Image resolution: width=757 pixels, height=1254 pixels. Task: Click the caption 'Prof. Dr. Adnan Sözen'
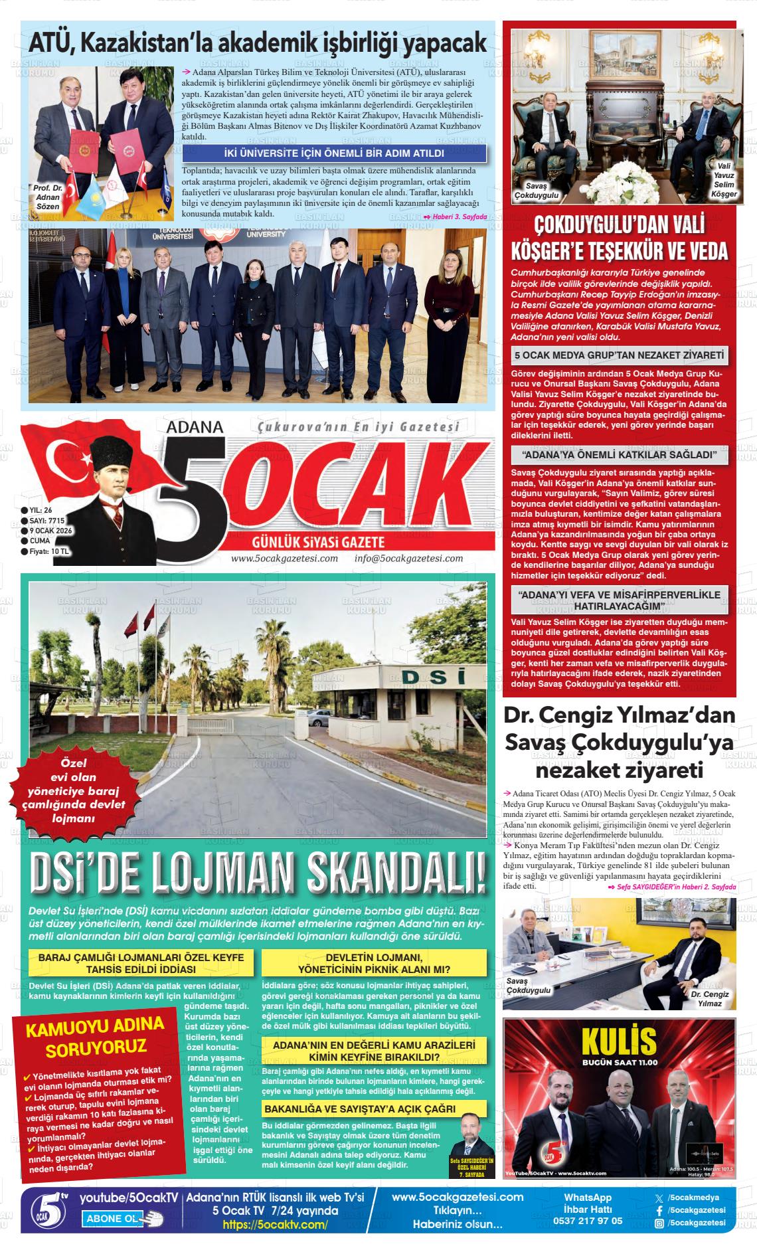[48, 197]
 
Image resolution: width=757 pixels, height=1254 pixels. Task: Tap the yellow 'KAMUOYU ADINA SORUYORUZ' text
[95, 1037]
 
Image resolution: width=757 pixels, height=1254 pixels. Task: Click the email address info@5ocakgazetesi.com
[408, 559]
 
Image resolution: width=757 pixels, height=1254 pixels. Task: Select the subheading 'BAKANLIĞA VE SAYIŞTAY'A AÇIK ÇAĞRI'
[359, 1109]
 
